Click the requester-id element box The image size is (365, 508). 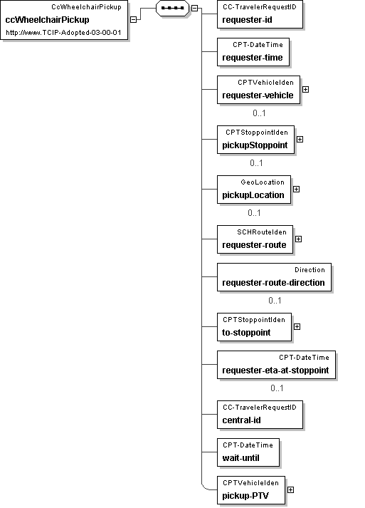[260, 14]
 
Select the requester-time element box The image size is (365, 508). [253, 52]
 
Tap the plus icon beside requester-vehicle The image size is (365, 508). [305, 89]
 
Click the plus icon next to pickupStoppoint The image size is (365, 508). [300, 139]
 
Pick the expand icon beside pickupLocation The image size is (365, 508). [297, 189]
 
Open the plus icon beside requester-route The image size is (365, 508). [298, 239]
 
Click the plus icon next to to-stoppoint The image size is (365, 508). [297, 326]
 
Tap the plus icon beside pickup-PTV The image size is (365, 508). [290, 490]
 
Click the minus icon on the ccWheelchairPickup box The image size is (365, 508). [133, 19]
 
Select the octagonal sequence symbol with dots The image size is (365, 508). [172, 8]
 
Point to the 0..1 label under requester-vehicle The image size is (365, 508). [259, 113]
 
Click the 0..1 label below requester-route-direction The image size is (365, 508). [275, 301]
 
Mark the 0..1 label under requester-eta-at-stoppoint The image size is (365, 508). [277, 388]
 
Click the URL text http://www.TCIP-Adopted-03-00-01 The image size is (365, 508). [63, 33]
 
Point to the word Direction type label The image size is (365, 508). [310, 270]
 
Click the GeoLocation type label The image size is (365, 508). [263, 182]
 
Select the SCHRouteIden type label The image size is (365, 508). [262, 232]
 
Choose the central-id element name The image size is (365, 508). [241, 420]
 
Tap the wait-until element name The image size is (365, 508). [240, 458]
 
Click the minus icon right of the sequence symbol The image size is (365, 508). [194, 8]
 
